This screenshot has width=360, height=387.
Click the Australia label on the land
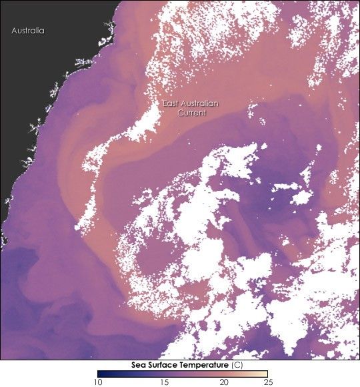tap(28, 31)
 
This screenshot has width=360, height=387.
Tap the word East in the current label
tap(173, 104)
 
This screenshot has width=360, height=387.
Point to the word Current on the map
tap(191, 113)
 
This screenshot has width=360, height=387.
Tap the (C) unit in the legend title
tap(237, 366)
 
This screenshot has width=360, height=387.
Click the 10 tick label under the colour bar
tap(97, 382)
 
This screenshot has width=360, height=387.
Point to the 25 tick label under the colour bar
tap(266, 382)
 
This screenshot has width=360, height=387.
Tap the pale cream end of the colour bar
tap(265, 374)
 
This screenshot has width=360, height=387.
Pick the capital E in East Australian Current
tap(166, 104)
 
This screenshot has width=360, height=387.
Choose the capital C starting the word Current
tap(179, 113)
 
